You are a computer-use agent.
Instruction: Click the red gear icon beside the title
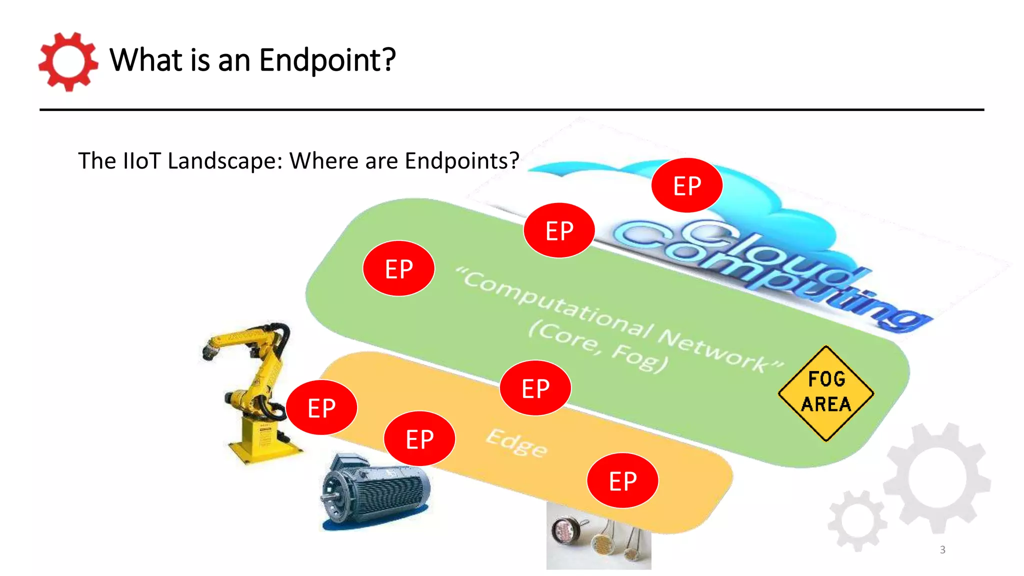tap(68, 62)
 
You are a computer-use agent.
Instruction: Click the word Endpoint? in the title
tap(327, 60)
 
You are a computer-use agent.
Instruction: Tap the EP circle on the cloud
tap(687, 185)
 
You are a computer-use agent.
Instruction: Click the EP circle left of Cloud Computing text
tap(559, 230)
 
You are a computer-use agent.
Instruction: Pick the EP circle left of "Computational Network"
tap(398, 268)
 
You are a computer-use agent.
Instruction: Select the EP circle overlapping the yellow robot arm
tap(321, 407)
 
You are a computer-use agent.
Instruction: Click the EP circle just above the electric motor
tap(419, 439)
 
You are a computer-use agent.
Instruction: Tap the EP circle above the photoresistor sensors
tap(622, 481)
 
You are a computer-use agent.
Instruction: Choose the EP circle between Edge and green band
tap(535, 388)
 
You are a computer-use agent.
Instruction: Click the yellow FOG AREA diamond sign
tap(826, 393)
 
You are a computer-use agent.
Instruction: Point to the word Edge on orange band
tap(517, 443)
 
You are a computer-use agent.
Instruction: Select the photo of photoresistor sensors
tap(598, 537)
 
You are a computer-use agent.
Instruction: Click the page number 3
tap(942, 549)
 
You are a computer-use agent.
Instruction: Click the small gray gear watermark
tap(857, 520)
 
